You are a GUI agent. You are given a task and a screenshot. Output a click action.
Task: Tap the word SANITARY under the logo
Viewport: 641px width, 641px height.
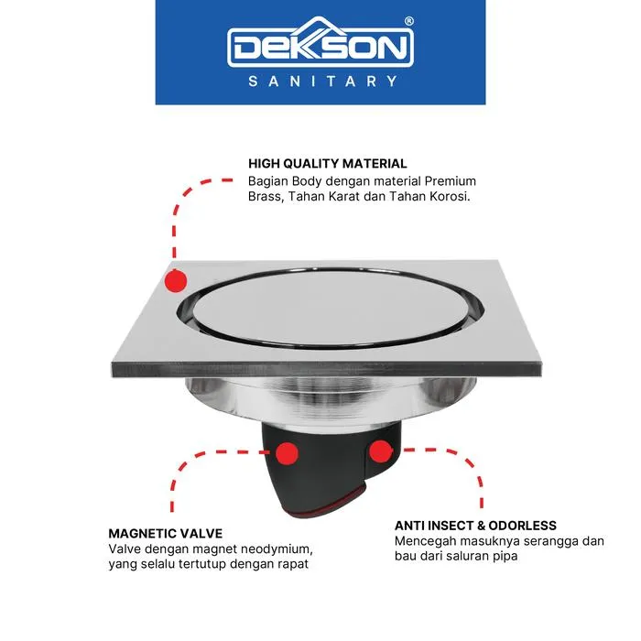click(x=322, y=81)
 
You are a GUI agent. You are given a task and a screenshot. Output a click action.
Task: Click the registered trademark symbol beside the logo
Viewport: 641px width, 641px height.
click(x=408, y=21)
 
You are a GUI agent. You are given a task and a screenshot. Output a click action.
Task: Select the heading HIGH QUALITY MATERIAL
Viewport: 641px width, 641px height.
click(x=328, y=164)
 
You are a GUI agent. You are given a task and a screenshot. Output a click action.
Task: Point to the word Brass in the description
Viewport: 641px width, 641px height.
click(x=266, y=196)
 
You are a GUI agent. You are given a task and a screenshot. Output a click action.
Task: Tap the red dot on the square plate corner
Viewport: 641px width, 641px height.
click(x=176, y=281)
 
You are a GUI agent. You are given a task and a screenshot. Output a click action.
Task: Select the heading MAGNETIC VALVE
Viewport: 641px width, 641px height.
click(x=166, y=534)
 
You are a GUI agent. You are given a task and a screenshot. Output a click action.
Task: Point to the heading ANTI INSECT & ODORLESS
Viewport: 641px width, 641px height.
click(x=475, y=526)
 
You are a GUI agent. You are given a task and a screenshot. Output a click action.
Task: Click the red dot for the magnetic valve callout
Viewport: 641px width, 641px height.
click(x=287, y=453)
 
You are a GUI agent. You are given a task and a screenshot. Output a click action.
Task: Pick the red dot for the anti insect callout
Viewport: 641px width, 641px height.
click(x=381, y=451)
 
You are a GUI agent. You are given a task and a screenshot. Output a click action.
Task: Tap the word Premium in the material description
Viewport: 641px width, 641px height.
click(x=451, y=180)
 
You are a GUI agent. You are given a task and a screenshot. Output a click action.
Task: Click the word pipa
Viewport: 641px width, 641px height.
click(x=505, y=557)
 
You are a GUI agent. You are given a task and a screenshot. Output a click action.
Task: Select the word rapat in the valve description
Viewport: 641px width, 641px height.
click(x=293, y=565)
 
